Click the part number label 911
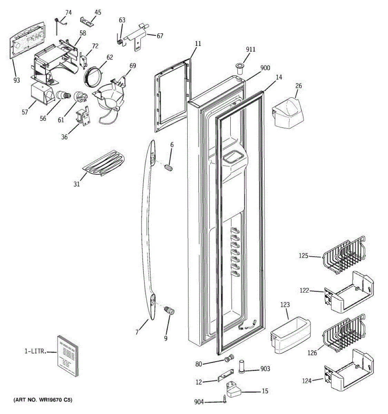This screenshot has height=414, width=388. (x=251, y=49)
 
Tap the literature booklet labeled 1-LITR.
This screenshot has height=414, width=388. (x=68, y=356)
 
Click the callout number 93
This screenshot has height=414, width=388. (x=17, y=80)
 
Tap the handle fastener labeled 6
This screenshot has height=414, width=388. (x=169, y=168)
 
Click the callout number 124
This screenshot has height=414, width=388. (x=307, y=381)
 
